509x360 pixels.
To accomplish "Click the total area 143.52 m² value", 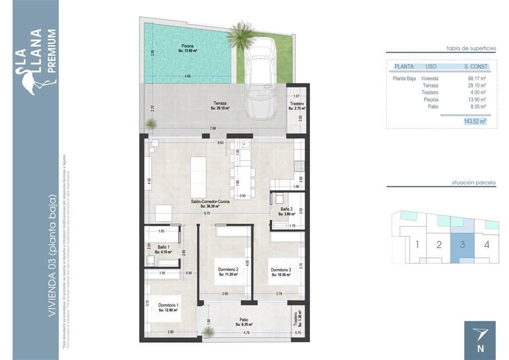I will pyautogui.click(x=474, y=121).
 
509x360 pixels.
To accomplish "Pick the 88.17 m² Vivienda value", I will pyautogui.click(x=476, y=79).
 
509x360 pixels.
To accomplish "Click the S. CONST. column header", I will pyautogui.click(x=476, y=66).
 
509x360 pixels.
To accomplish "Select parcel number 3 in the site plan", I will pyautogui.click(x=462, y=245).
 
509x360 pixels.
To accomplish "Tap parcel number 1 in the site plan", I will pyautogui.click(x=417, y=245).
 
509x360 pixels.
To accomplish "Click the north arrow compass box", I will pyautogui.click(x=479, y=340).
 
